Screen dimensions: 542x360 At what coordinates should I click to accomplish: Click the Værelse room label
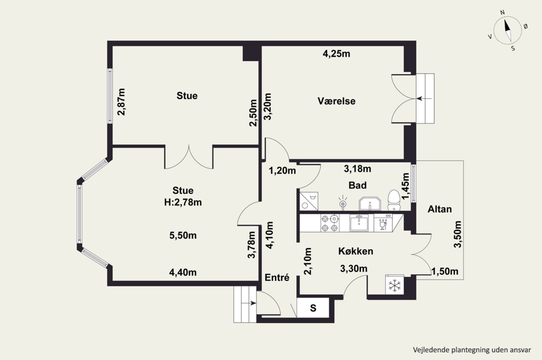[336, 101]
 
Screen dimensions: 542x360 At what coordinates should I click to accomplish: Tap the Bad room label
[357, 185]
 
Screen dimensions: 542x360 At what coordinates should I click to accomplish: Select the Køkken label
[355, 251]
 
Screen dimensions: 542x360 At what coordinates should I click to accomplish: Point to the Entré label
[277, 277]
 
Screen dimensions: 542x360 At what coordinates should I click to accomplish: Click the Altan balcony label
[440, 209]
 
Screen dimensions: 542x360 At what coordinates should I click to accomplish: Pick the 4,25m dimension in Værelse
[336, 54]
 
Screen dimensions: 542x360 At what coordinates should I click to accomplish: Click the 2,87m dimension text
[121, 102]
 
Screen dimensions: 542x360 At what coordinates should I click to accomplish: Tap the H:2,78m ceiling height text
[183, 202]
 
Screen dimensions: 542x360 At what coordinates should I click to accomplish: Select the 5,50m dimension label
[183, 235]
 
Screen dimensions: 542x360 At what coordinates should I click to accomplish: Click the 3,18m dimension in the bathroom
[357, 169]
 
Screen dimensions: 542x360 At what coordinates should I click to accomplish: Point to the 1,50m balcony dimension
[445, 272]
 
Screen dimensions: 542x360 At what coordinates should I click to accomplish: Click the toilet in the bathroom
[394, 200]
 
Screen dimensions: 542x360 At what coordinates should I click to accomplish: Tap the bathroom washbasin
[370, 204]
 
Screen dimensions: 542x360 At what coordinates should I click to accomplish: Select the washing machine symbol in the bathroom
[309, 201]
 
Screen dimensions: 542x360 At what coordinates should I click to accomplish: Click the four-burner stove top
[330, 223]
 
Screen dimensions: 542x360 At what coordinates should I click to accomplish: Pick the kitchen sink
[359, 223]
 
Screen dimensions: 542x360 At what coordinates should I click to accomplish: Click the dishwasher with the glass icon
[383, 223]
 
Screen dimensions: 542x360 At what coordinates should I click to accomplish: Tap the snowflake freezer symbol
[395, 285]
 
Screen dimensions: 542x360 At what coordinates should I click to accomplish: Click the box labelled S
[313, 308]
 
